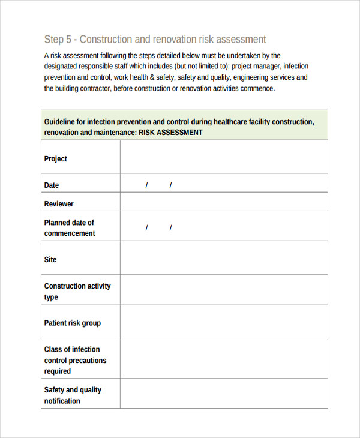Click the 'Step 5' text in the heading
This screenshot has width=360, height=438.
(58, 40)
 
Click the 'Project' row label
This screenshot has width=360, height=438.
(56, 159)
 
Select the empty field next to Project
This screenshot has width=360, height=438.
(224, 157)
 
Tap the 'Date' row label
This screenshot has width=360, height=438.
(52, 185)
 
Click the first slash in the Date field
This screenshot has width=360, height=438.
(146, 185)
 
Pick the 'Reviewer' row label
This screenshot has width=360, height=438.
(59, 204)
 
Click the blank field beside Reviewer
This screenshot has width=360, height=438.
(224, 202)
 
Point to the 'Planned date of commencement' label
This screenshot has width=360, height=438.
(69, 228)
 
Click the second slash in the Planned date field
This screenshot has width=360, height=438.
(170, 228)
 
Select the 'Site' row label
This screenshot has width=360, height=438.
(50, 260)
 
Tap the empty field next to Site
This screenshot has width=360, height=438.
(224, 258)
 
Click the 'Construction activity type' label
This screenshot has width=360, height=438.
(77, 292)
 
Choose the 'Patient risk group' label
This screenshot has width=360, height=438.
(72, 323)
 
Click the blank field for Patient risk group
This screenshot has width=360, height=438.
(224, 321)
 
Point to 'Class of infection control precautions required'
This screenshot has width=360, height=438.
(75, 360)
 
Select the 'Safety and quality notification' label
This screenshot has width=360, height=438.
(73, 395)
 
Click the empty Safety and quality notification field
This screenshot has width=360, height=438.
(224, 394)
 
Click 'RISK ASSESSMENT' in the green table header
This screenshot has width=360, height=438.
(170, 133)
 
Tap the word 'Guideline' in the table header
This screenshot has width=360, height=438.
(61, 122)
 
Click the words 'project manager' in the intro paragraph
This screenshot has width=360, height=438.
(256, 67)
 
